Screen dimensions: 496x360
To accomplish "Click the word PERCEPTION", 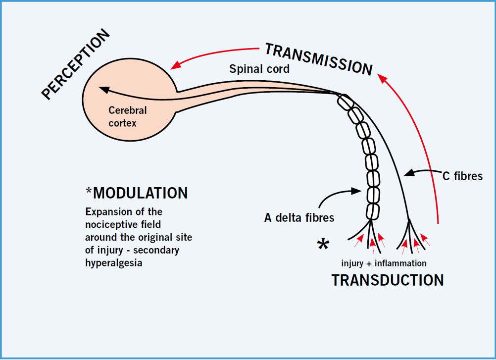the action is (75, 64).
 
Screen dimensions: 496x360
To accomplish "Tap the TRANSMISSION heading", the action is (319, 59).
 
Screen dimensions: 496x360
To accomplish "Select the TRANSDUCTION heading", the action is (388, 280).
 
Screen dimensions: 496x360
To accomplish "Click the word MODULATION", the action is (141, 193).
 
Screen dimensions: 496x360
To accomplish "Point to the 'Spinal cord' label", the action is (259, 69).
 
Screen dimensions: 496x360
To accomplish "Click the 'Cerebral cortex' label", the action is (128, 116).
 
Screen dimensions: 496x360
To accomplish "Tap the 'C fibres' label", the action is (462, 176).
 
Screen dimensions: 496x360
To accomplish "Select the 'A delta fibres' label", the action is (299, 218).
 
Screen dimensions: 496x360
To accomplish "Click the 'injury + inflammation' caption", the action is (384, 263).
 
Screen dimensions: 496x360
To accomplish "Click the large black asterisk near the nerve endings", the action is (323, 244).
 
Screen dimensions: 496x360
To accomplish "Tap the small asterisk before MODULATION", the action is (89, 191).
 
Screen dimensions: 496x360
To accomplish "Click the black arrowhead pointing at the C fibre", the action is (409, 173).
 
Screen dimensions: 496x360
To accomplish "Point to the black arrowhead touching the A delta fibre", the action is (356, 191).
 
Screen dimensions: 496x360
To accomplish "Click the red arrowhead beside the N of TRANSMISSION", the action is (383, 78).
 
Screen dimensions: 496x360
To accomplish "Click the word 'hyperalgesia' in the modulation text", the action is (113, 263).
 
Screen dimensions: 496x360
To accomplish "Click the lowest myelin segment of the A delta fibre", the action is (373, 211).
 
